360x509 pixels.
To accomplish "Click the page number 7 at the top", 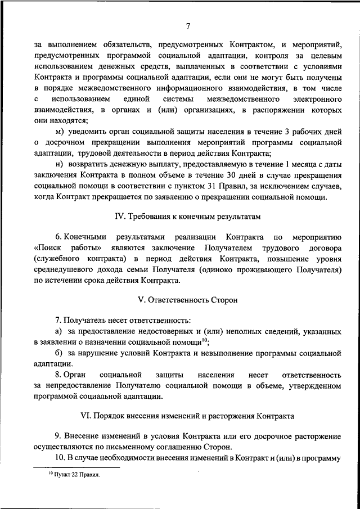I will click(188, 24).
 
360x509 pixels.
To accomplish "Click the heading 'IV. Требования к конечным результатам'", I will click(188, 217).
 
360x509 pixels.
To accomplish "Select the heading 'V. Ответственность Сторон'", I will click(188, 300).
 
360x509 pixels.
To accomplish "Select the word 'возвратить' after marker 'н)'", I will click(89, 164).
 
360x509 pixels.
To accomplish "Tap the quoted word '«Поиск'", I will click(48, 248).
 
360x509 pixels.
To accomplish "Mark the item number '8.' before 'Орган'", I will click(58, 374).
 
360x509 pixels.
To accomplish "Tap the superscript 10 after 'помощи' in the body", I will click(205, 340).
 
